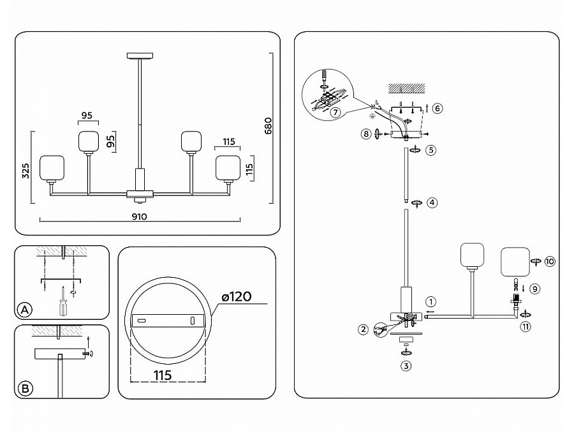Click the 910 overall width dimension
coord(139,216)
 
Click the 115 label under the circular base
coord(163,375)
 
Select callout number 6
coord(437,108)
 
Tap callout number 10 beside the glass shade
coord(550,261)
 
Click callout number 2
coord(364,329)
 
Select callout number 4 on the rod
coord(432,203)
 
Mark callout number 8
coord(365,134)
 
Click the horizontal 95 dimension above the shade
coord(87,116)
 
